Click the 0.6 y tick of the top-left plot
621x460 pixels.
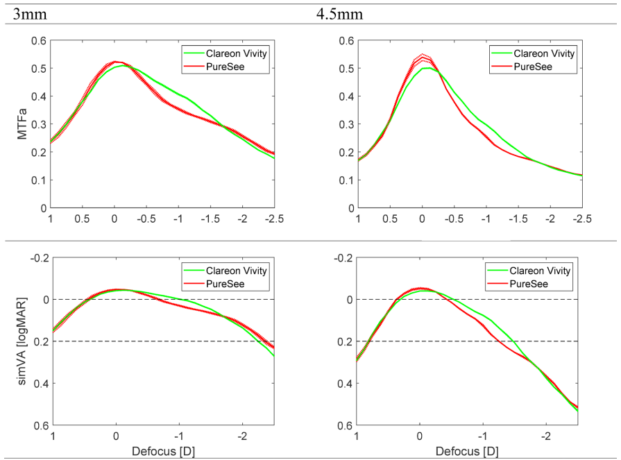coord(38,41)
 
